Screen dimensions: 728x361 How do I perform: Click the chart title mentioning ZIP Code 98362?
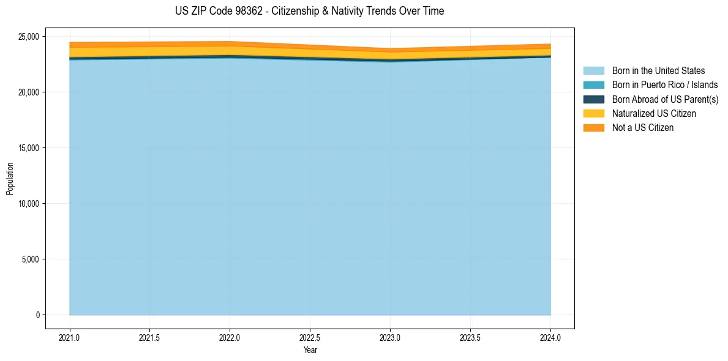pyautogui.click(x=310, y=11)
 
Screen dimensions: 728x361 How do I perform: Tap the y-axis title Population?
pyautogui.click(x=9, y=179)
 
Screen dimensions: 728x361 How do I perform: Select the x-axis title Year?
pyautogui.click(x=310, y=350)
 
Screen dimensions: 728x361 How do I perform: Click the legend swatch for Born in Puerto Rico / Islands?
pyautogui.click(x=594, y=86)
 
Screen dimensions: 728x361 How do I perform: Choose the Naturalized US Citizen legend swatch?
pyautogui.click(x=594, y=113)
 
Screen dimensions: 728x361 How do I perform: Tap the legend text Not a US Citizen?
pyautogui.click(x=642, y=128)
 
